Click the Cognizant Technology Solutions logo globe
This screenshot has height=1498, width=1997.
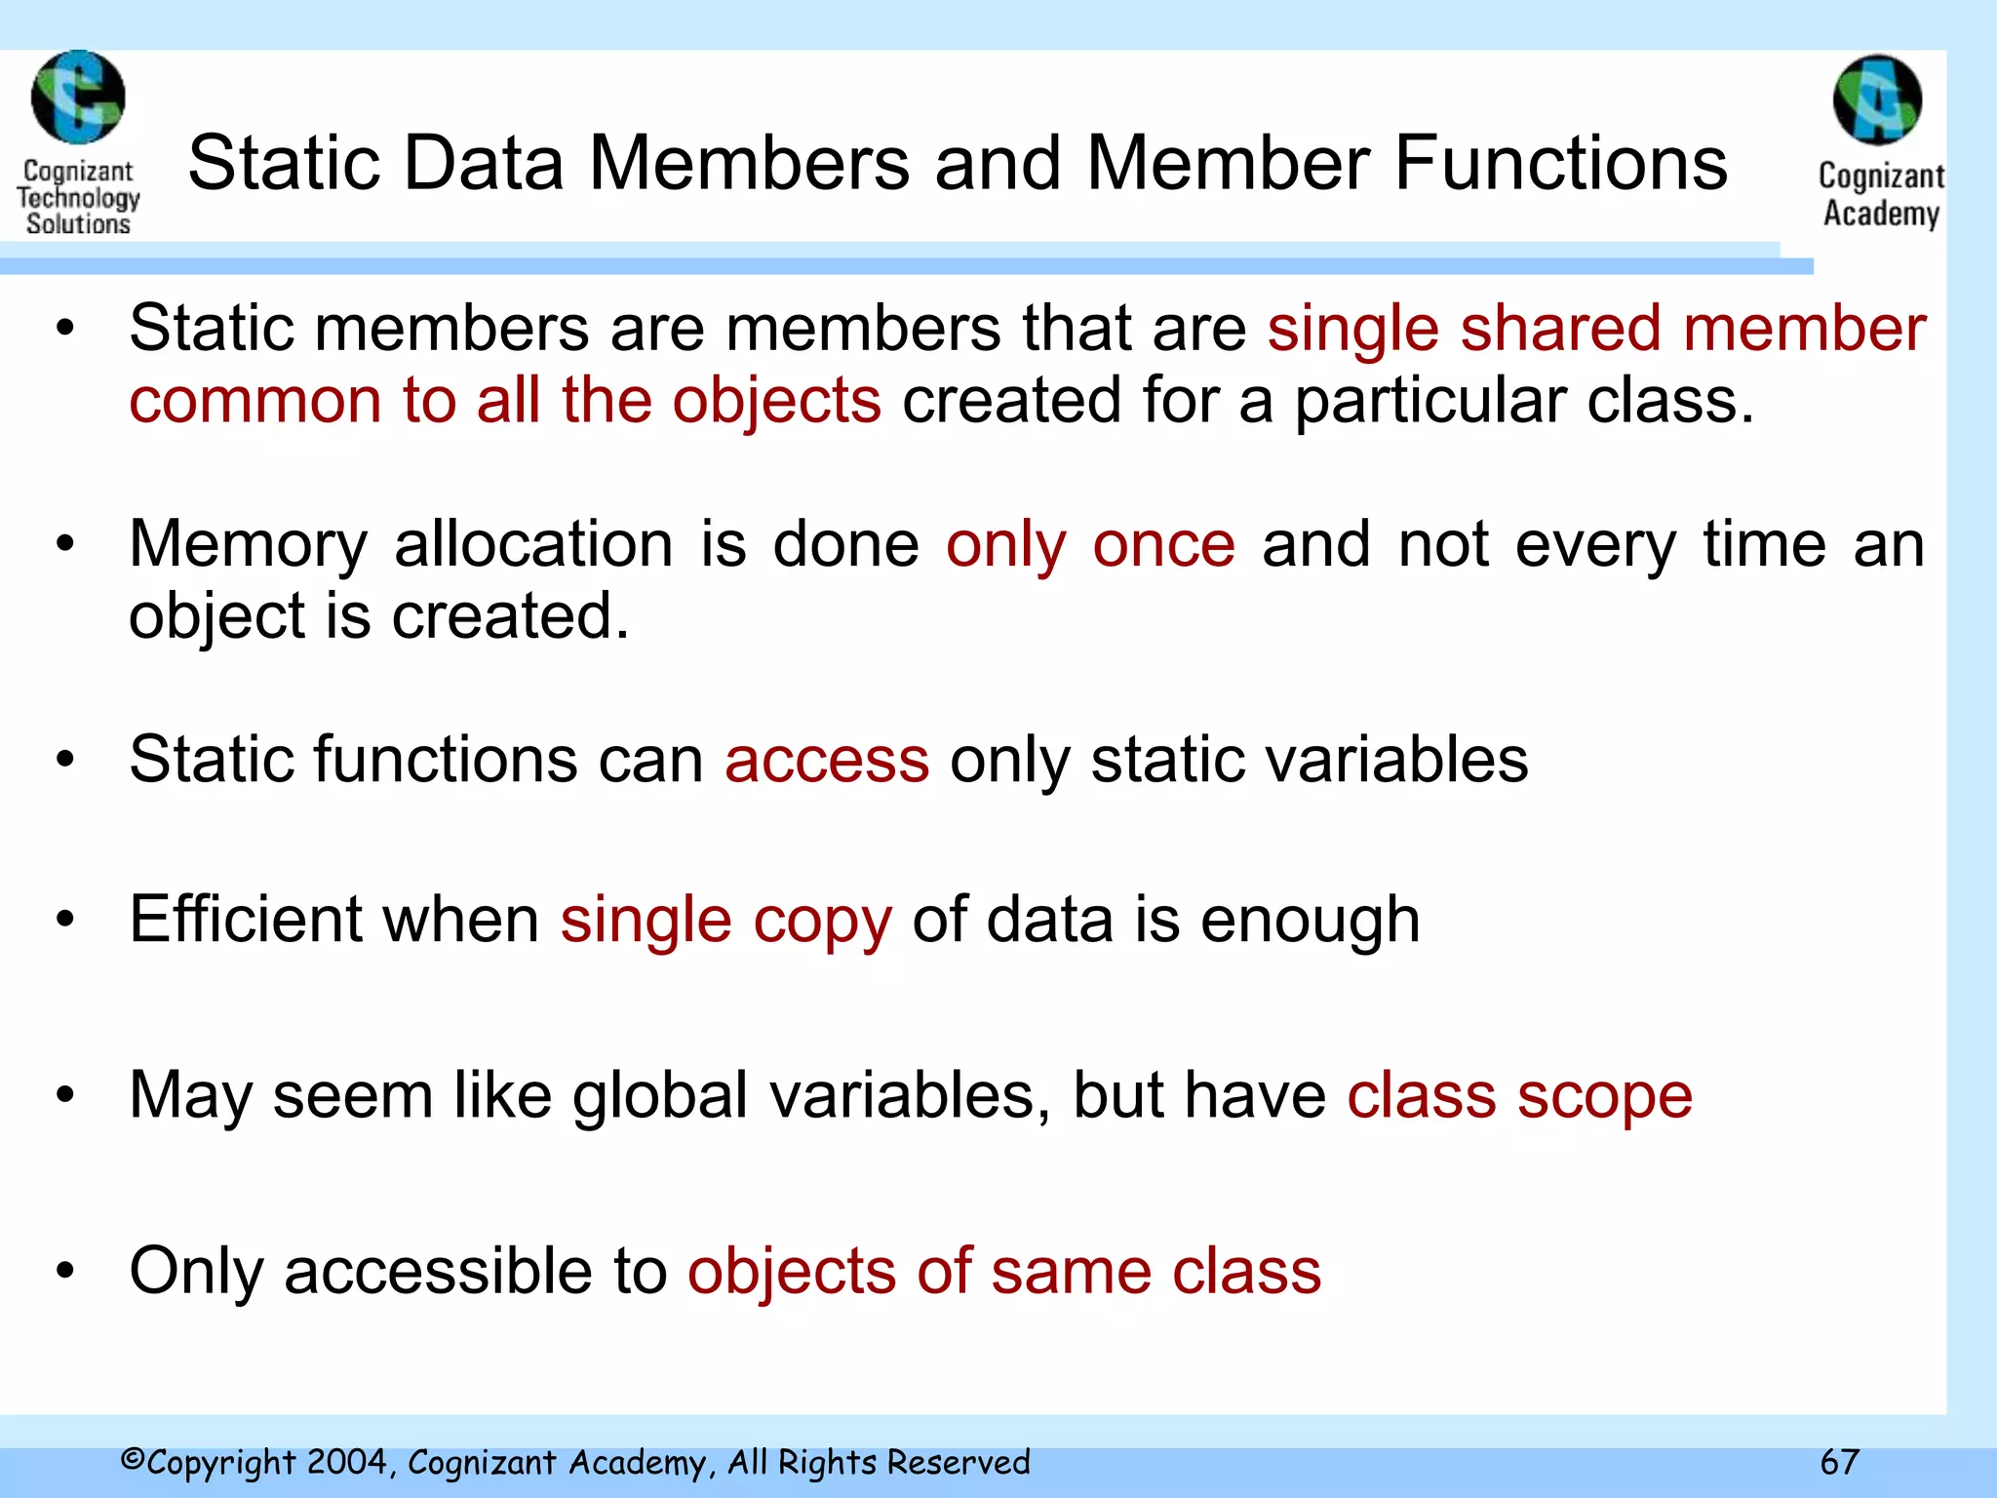click(78, 98)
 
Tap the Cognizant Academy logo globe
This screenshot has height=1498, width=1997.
click(1877, 99)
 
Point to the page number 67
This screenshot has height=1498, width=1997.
click(1840, 1462)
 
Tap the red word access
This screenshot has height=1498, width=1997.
click(827, 760)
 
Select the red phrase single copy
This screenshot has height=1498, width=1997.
click(725, 920)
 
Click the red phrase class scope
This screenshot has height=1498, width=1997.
click(1519, 1095)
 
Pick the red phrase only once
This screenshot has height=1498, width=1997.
click(1090, 543)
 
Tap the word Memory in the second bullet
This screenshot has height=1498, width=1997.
click(249, 545)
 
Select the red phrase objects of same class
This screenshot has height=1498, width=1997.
click(1004, 1271)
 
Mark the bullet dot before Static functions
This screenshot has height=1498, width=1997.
click(65, 760)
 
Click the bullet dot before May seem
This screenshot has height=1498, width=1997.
click(65, 1095)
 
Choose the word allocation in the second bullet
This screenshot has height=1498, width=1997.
click(533, 543)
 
